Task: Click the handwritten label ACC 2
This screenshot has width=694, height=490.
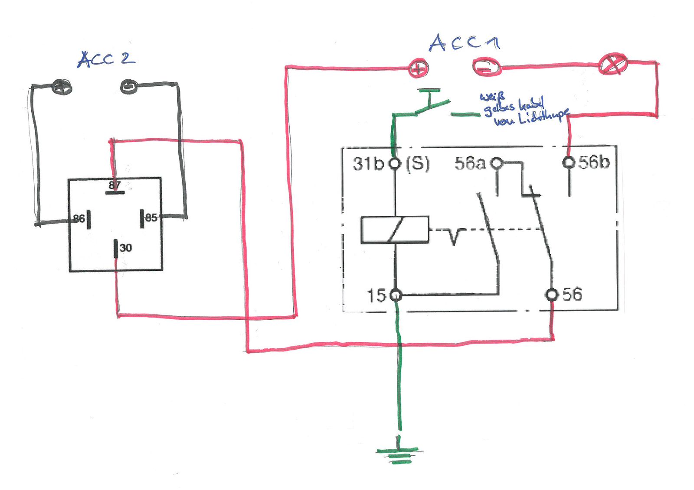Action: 106,59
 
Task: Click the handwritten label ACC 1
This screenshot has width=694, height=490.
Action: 464,43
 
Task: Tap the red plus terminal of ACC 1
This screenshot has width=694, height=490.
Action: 418,68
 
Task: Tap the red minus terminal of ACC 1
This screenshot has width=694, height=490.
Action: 486,67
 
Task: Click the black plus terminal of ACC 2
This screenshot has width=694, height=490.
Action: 62,87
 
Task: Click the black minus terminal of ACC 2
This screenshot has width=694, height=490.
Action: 129,87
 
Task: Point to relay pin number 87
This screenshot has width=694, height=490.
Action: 115,185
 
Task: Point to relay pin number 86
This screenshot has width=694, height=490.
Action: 79,219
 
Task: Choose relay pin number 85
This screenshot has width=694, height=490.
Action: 151,217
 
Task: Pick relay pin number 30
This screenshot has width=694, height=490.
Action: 125,248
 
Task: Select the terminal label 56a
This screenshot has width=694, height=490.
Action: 470,163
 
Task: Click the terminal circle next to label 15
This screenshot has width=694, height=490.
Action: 395,295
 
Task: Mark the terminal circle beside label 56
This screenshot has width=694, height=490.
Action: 551,295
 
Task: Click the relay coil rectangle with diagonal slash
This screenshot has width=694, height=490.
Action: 395,230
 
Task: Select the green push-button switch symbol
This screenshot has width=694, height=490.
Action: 434,104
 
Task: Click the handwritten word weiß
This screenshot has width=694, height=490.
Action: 492,97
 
